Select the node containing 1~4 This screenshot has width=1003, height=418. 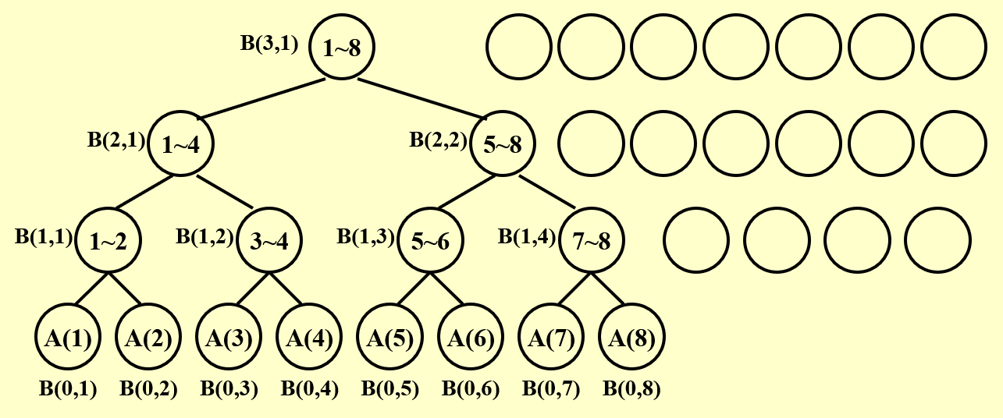point(180,143)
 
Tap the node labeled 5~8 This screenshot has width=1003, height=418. point(503,143)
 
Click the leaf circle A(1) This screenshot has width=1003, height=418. point(68,338)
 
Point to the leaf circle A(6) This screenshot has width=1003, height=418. point(471,338)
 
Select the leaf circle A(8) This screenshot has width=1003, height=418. point(631,338)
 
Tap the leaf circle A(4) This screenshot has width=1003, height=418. point(310,338)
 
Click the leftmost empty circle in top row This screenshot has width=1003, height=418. point(519,47)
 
